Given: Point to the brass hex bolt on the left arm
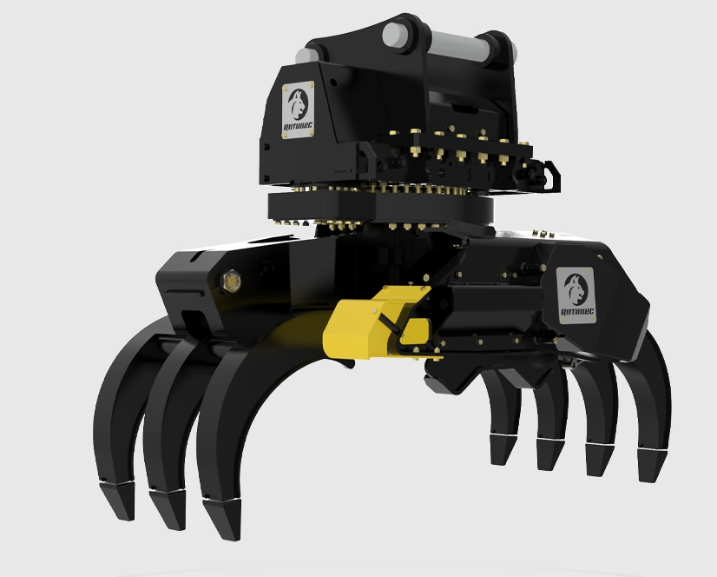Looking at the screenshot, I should [x=231, y=280].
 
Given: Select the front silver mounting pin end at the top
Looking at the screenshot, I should [x=396, y=35].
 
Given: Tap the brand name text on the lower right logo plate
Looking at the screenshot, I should [x=576, y=310].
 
